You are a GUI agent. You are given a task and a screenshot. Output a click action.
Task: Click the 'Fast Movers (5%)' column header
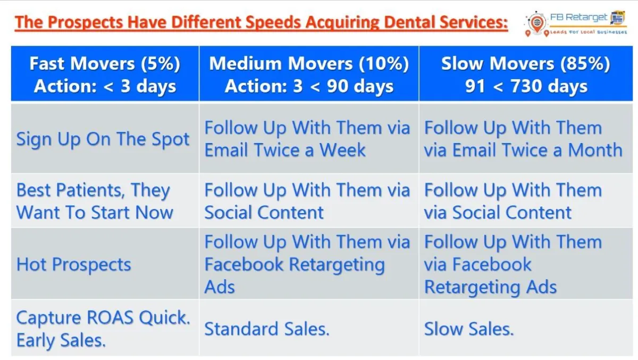tap(105, 73)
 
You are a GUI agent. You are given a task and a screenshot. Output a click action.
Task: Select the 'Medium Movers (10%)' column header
tap(309, 73)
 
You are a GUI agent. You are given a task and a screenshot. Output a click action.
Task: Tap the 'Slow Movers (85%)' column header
tap(526, 73)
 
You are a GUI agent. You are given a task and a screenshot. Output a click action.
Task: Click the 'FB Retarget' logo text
tap(578, 18)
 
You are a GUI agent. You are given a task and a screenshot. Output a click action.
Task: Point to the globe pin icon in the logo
tap(537, 23)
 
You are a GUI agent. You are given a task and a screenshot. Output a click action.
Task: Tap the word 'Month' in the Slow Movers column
tap(595, 150)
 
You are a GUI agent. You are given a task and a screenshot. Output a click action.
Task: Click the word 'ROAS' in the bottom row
tap(110, 317)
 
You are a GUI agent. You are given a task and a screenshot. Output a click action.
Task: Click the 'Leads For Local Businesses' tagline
tap(589, 32)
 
